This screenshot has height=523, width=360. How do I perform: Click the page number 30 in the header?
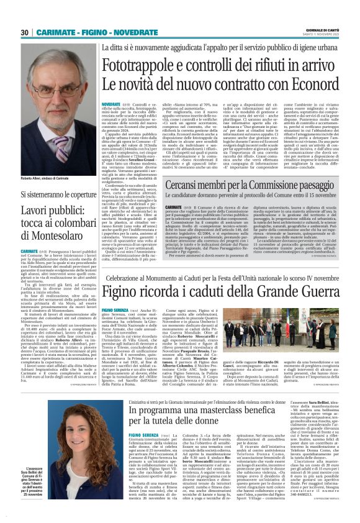tap(24, 32)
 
